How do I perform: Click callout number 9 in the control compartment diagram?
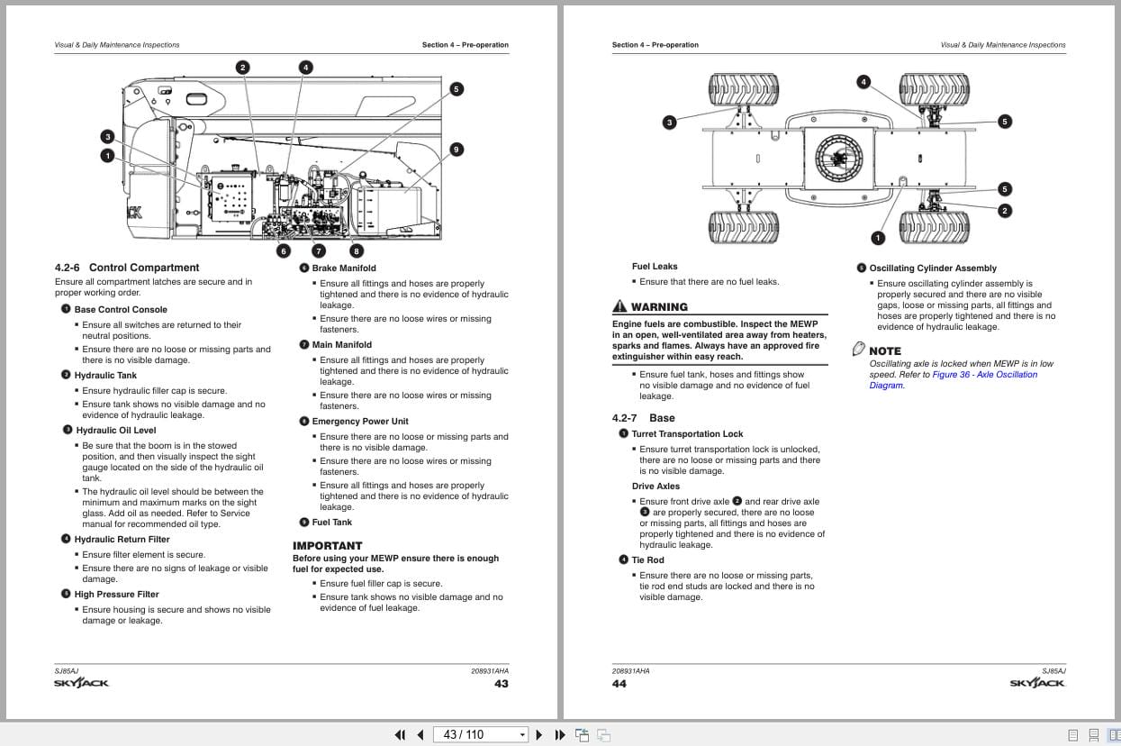click(x=457, y=150)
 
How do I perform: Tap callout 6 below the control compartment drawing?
click(x=284, y=251)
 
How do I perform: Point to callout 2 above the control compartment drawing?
click(x=242, y=68)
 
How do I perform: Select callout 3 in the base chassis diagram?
click(x=669, y=123)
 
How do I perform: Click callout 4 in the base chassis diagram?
click(x=863, y=82)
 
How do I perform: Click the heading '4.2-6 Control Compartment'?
click(x=127, y=268)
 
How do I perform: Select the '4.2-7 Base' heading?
click(x=643, y=418)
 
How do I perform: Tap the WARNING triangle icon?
click(x=619, y=307)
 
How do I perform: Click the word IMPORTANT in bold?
click(x=327, y=545)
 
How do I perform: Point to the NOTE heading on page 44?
click(x=884, y=350)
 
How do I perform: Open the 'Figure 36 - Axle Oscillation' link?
click(x=984, y=375)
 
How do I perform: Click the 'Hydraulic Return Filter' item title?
click(x=122, y=540)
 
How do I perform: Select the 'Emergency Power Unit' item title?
click(x=359, y=422)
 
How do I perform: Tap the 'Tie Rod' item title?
click(x=647, y=560)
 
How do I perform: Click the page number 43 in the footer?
click(x=501, y=684)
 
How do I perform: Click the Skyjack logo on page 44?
click(x=1037, y=683)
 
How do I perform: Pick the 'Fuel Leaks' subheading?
click(x=655, y=267)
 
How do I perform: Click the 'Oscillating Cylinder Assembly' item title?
click(x=932, y=268)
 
